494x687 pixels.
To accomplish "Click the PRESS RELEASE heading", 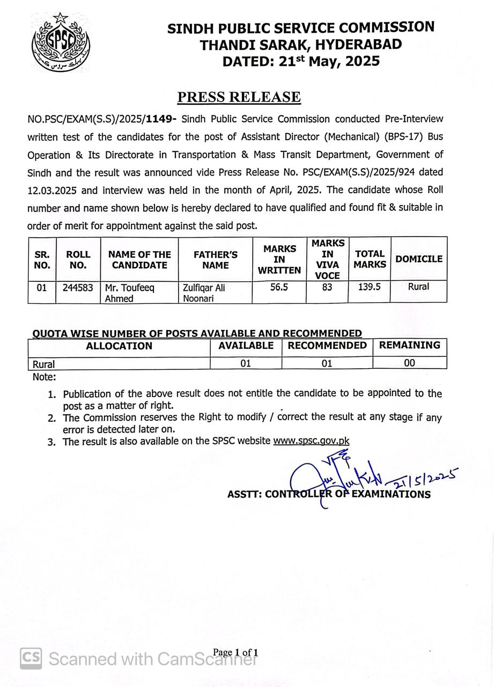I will [239, 97].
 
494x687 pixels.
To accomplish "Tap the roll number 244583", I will [78, 288].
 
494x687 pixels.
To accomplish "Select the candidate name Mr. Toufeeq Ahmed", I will [130, 293].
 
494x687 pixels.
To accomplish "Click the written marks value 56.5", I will [279, 287].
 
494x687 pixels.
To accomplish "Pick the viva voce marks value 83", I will [327, 287].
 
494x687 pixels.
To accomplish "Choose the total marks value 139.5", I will [370, 287].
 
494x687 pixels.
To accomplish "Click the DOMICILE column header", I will [419, 259].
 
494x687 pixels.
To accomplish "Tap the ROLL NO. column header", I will [78, 260].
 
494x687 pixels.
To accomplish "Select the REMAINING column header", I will [409, 346].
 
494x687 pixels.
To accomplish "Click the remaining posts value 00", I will [409, 363].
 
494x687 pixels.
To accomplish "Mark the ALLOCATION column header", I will [119, 346].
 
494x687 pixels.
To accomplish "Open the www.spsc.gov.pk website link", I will [311, 441].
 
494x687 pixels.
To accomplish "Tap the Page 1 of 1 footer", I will [235, 653].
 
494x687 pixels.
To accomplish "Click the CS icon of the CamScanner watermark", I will [31, 659].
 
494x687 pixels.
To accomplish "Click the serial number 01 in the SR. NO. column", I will [42, 288].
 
